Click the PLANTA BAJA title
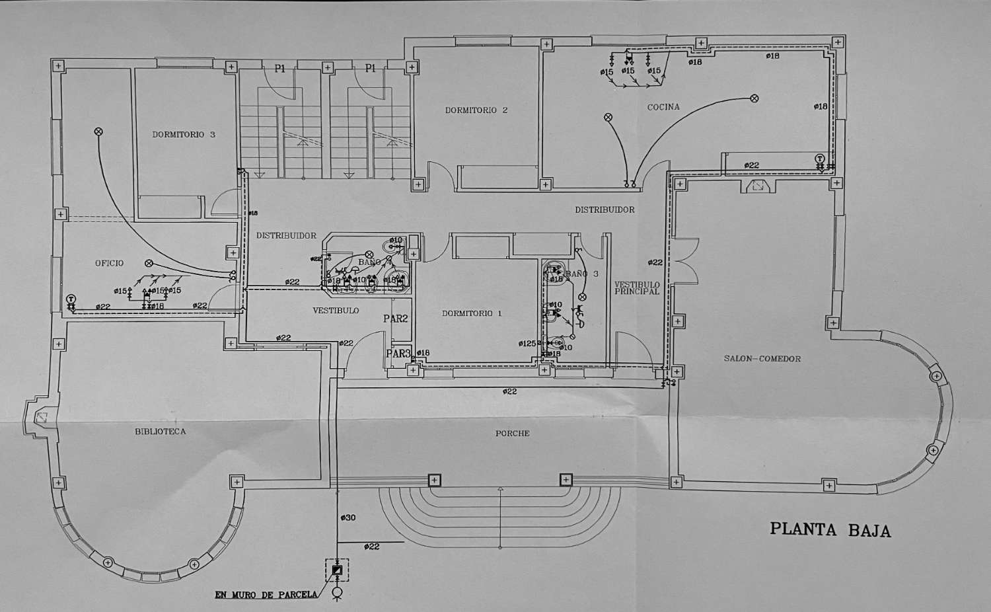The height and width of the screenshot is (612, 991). coord(830,530)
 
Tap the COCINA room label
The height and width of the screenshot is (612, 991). coord(663,107)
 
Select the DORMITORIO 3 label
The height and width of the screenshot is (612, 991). coord(184,134)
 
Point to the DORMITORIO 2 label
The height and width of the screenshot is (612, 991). coord(476,110)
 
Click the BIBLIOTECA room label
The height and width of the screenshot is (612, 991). coord(160,432)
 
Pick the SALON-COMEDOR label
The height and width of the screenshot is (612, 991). coord(762,359)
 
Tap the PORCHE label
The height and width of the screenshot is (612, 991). coord(512,434)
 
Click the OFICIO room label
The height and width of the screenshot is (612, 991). coord(109,263)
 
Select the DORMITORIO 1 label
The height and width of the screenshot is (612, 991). coord(472,313)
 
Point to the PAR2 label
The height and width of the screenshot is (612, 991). coord(396,319)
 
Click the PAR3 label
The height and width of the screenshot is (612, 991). coord(398,354)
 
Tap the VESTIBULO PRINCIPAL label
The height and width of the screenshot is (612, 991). coord(637,288)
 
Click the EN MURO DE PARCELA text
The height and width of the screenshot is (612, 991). coord(266,595)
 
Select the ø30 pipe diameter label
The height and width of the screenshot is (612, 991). coord(348,517)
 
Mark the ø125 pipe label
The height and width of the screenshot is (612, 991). coord(527,344)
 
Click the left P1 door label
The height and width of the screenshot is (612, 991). coord(280,69)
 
